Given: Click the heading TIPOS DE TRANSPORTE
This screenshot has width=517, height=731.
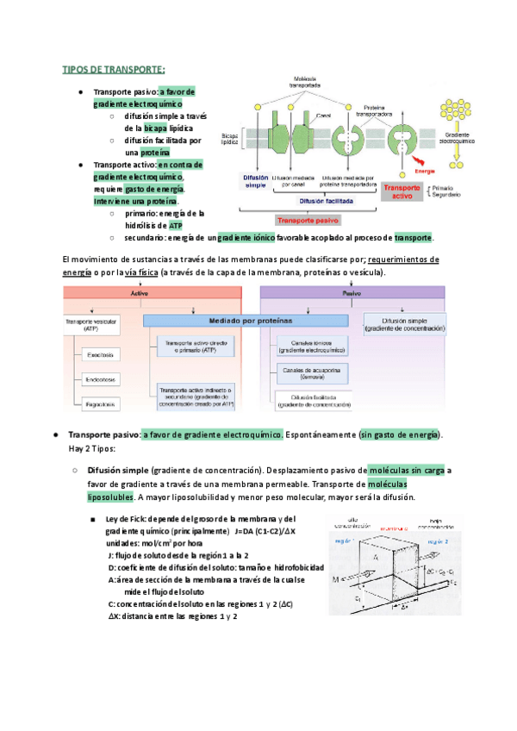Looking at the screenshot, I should [x=114, y=69].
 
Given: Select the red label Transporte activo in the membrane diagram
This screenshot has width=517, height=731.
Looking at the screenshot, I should [x=402, y=191].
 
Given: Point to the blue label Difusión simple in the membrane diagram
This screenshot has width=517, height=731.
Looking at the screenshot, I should [x=256, y=181].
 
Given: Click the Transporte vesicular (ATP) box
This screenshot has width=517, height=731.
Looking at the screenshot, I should [x=88, y=323].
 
